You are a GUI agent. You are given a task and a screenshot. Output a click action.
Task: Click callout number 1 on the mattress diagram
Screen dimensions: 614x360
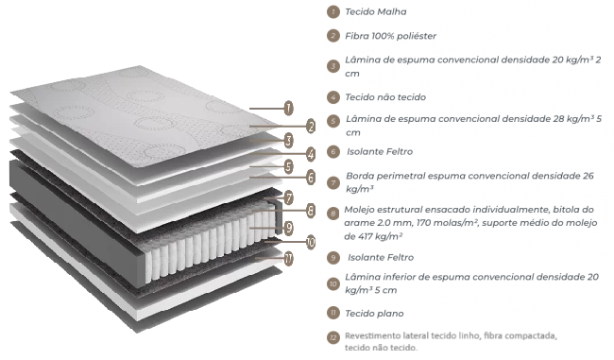click(289, 108)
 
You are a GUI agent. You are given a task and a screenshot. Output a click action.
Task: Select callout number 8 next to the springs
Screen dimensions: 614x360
click(311, 211)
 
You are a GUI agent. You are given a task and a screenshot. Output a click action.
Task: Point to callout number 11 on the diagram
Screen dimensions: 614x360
click(289, 258)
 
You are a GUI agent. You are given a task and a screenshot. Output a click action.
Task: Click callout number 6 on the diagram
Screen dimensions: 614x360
click(311, 178)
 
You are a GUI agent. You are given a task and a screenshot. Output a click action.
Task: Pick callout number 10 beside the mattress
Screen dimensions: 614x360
click(311, 242)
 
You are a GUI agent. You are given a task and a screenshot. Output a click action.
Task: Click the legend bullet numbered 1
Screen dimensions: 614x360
click(333, 11)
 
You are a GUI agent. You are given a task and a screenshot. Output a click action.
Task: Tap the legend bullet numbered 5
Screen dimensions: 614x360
click(333, 121)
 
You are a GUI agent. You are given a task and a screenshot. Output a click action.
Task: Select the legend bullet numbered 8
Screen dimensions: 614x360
click(333, 214)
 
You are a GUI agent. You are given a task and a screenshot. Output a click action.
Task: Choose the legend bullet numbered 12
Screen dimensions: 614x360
click(333, 337)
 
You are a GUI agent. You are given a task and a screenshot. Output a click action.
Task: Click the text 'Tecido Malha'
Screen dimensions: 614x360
click(376, 12)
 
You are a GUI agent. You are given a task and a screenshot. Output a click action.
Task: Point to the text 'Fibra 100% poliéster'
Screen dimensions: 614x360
click(390, 36)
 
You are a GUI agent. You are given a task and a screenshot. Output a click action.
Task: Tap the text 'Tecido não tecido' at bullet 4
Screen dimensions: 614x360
click(385, 97)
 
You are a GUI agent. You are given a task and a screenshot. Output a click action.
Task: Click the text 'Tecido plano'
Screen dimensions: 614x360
click(374, 314)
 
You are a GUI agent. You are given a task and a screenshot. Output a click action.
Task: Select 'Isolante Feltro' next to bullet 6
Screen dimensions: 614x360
click(380, 151)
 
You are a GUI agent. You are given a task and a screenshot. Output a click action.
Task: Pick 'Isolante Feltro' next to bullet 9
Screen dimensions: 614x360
click(381, 257)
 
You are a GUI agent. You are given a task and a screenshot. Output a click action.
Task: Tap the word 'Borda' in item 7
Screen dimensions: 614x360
click(358, 176)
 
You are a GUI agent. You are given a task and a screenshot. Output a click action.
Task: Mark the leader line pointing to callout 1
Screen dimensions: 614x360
click(266, 108)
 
